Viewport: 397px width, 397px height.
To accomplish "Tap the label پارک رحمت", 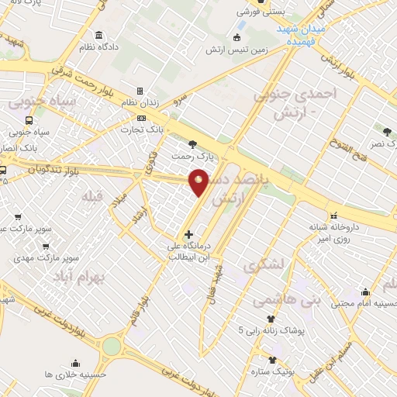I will point(192,157).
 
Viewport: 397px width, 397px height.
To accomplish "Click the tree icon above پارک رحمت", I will point(192,144).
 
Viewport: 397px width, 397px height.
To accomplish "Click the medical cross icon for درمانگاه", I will point(188,234).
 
